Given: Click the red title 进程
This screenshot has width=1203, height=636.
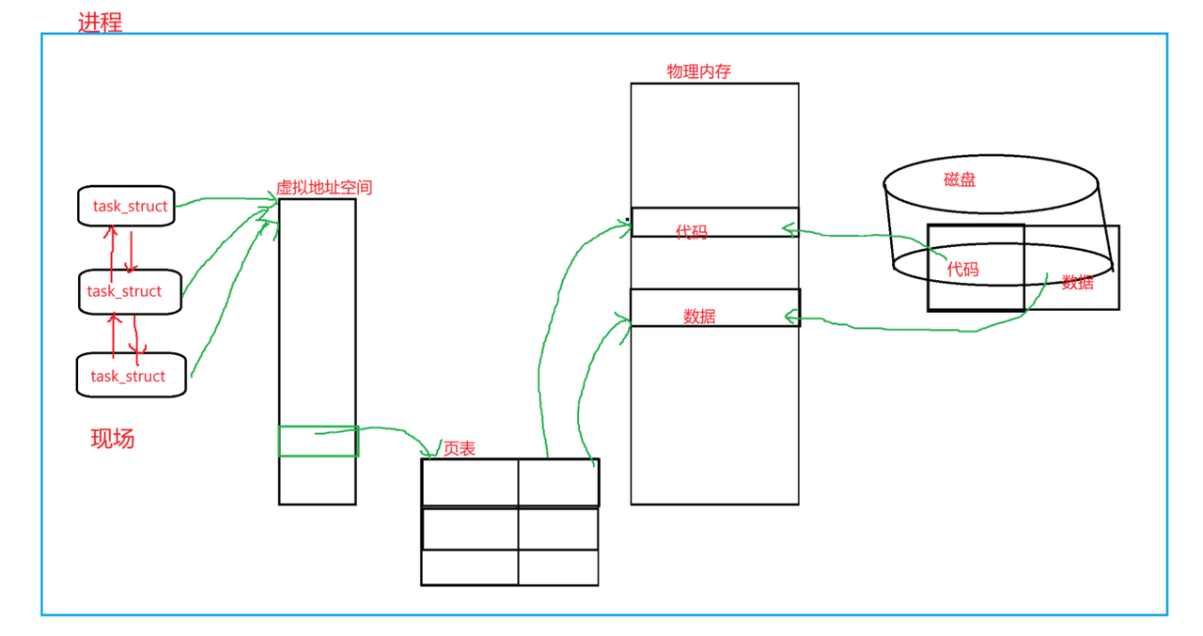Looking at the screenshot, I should pyautogui.click(x=100, y=23).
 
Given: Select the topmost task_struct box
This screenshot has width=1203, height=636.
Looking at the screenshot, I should pyautogui.click(x=127, y=206).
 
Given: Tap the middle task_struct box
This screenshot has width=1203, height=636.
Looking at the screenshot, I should pyautogui.click(x=129, y=291).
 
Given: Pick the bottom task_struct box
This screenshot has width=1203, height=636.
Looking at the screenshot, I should pyautogui.click(x=131, y=376).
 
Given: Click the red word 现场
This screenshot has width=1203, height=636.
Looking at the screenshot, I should pyautogui.click(x=112, y=438).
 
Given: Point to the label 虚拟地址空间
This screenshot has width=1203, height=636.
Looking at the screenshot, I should pyautogui.click(x=323, y=188).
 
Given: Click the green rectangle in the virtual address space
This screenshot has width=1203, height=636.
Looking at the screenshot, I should pyautogui.click(x=319, y=442).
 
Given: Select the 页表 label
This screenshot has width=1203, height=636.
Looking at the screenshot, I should pyautogui.click(x=460, y=449).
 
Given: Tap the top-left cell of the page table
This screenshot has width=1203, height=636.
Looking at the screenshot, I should pyautogui.click(x=470, y=483).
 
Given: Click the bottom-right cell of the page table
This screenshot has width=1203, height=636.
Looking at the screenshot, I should pyautogui.click(x=558, y=567).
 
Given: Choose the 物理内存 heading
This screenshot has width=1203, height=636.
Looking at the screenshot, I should pyautogui.click(x=698, y=71).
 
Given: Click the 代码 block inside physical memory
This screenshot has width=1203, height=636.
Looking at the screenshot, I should pyautogui.click(x=714, y=223).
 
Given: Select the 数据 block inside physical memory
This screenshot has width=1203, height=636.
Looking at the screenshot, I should pyautogui.click(x=714, y=308).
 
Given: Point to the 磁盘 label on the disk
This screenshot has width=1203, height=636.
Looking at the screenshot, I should pyautogui.click(x=960, y=179).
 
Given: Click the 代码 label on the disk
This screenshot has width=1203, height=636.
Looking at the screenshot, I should pyautogui.click(x=962, y=270).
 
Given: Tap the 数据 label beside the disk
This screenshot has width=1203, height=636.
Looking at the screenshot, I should pyautogui.click(x=1078, y=282).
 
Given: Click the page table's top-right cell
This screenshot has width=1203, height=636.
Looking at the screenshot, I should pyautogui.click(x=558, y=483).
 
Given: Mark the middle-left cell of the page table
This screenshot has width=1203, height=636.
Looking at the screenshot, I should pyautogui.click(x=470, y=528).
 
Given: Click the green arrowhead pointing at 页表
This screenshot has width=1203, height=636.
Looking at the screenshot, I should pyautogui.click(x=435, y=449).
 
